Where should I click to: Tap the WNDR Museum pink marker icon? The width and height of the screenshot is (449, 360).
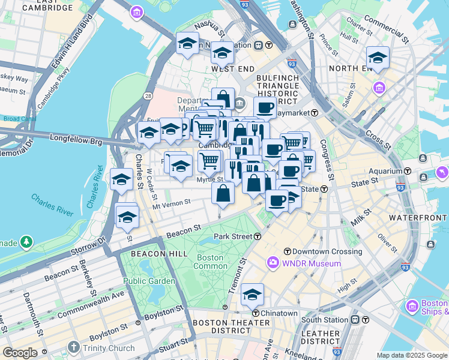[274, 263]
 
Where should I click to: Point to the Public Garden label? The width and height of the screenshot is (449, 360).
[149, 281]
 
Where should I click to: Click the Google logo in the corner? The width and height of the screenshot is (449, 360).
[19, 353]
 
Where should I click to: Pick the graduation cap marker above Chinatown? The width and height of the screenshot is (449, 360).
[253, 295]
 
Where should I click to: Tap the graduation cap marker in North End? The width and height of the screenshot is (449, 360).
[378, 58]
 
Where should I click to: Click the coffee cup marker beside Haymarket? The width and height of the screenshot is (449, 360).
[265, 108]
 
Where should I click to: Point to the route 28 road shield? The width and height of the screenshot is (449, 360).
[147, 95]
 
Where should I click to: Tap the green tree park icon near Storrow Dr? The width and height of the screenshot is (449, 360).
[26, 242]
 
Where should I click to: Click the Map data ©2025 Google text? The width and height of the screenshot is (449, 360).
[412, 355]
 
